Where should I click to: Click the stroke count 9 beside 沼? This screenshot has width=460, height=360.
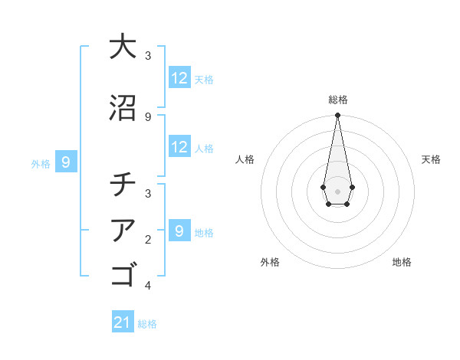pyautogui.click(x=148, y=116)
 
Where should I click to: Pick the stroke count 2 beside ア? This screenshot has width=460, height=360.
pyautogui.click(x=148, y=239)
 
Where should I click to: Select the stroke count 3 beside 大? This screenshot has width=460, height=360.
pyautogui.click(x=148, y=56)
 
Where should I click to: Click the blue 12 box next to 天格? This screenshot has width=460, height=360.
pyautogui.click(x=179, y=78)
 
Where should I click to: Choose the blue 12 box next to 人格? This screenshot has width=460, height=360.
pyautogui.click(x=179, y=147)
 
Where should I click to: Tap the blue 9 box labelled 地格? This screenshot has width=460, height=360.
pyautogui.click(x=179, y=231)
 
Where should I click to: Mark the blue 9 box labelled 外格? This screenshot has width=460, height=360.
pyautogui.click(x=66, y=162)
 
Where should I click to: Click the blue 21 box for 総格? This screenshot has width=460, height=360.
pyautogui.click(x=123, y=322)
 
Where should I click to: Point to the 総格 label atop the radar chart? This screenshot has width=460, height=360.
pyautogui.click(x=337, y=100)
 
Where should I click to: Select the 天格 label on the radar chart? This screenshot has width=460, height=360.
pyautogui.click(x=431, y=159)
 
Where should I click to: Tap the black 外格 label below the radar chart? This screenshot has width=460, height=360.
pyautogui.click(x=270, y=263)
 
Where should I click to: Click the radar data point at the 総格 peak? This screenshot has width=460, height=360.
pyautogui.click(x=337, y=115)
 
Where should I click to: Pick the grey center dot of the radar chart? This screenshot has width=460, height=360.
pyautogui.click(x=337, y=190)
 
